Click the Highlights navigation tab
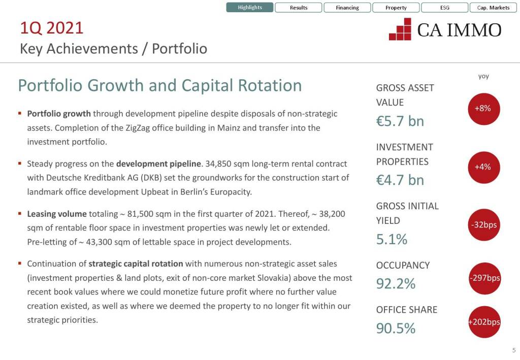[250, 8]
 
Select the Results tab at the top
[299, 8]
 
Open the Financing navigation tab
[347, 8]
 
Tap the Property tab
[396, 8]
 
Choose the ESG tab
[444, 8]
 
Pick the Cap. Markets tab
[493, 8]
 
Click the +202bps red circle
[484, 322]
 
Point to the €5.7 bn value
[400, 121]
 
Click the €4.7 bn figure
[400, 180]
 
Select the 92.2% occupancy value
[396, 284]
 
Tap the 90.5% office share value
[396, 329]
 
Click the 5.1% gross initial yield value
[392, 239]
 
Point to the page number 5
[513, 350]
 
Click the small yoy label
[483, 77]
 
